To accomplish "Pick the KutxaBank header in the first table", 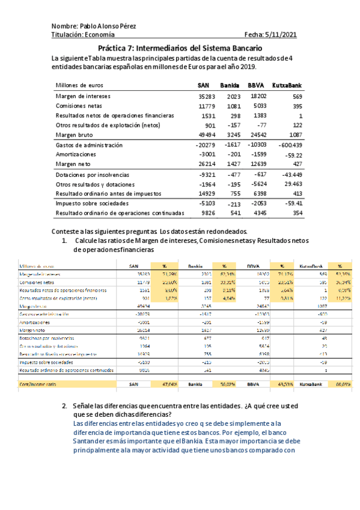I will coord(287,85).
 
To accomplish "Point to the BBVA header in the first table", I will coord(256,85).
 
